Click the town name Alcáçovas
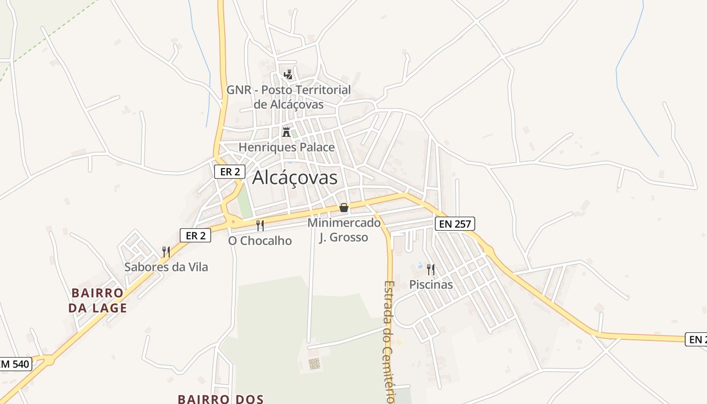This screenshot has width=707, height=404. click(294, 178)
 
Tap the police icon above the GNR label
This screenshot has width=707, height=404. click(288, 75)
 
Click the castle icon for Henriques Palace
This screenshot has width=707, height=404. click(286, 132)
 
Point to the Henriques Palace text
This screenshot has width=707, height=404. click(286, 147)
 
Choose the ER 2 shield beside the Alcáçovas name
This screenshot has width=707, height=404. click(230, 172)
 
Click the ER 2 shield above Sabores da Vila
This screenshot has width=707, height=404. click(195, 235)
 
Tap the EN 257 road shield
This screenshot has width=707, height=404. click(455, 224)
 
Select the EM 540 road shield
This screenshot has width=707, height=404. click(15, 364)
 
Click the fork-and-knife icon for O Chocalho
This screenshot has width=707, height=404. click(260, 225)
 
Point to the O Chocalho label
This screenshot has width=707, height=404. click(260, 241)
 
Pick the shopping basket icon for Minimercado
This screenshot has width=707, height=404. click(344, 208)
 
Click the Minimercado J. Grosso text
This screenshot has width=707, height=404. click(344, 230)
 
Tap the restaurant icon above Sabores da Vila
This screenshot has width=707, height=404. click(166, 251)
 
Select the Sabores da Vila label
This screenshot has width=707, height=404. click(166, 267)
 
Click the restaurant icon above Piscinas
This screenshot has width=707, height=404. click(430, 269)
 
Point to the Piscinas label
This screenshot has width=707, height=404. click(431, 285)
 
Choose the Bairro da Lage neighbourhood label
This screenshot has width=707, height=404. click(99, 300)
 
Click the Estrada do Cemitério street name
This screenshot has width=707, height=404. click(389, 341)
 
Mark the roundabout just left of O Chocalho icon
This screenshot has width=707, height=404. click(233, 221)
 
